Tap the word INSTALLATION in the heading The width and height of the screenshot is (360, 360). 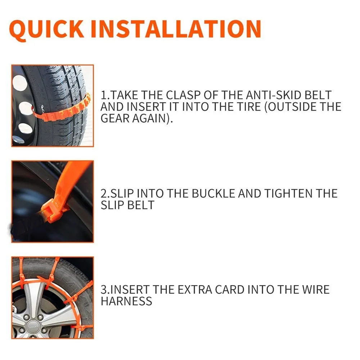pos(175,29)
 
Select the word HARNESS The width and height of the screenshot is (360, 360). pos(126,301)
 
